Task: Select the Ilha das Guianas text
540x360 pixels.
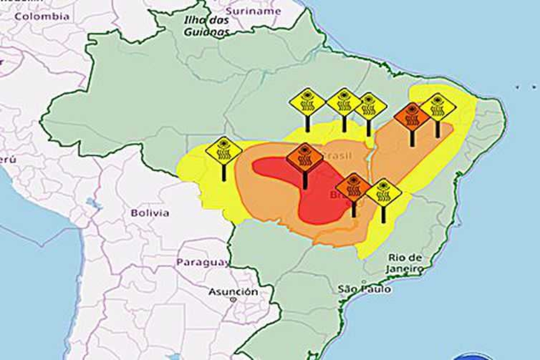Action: (x=207, y=26)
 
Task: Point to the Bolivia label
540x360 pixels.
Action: (x=150, y=213)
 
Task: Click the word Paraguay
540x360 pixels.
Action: (x=202, y=262)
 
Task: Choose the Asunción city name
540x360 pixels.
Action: (x=233, y=292)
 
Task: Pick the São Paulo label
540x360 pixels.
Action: (x=364, y=289)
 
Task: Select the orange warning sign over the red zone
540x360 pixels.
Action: (x=305, y=157)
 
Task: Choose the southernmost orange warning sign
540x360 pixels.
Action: (x=353, y=187)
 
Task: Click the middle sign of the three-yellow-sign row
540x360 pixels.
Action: (x=344, y=103)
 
